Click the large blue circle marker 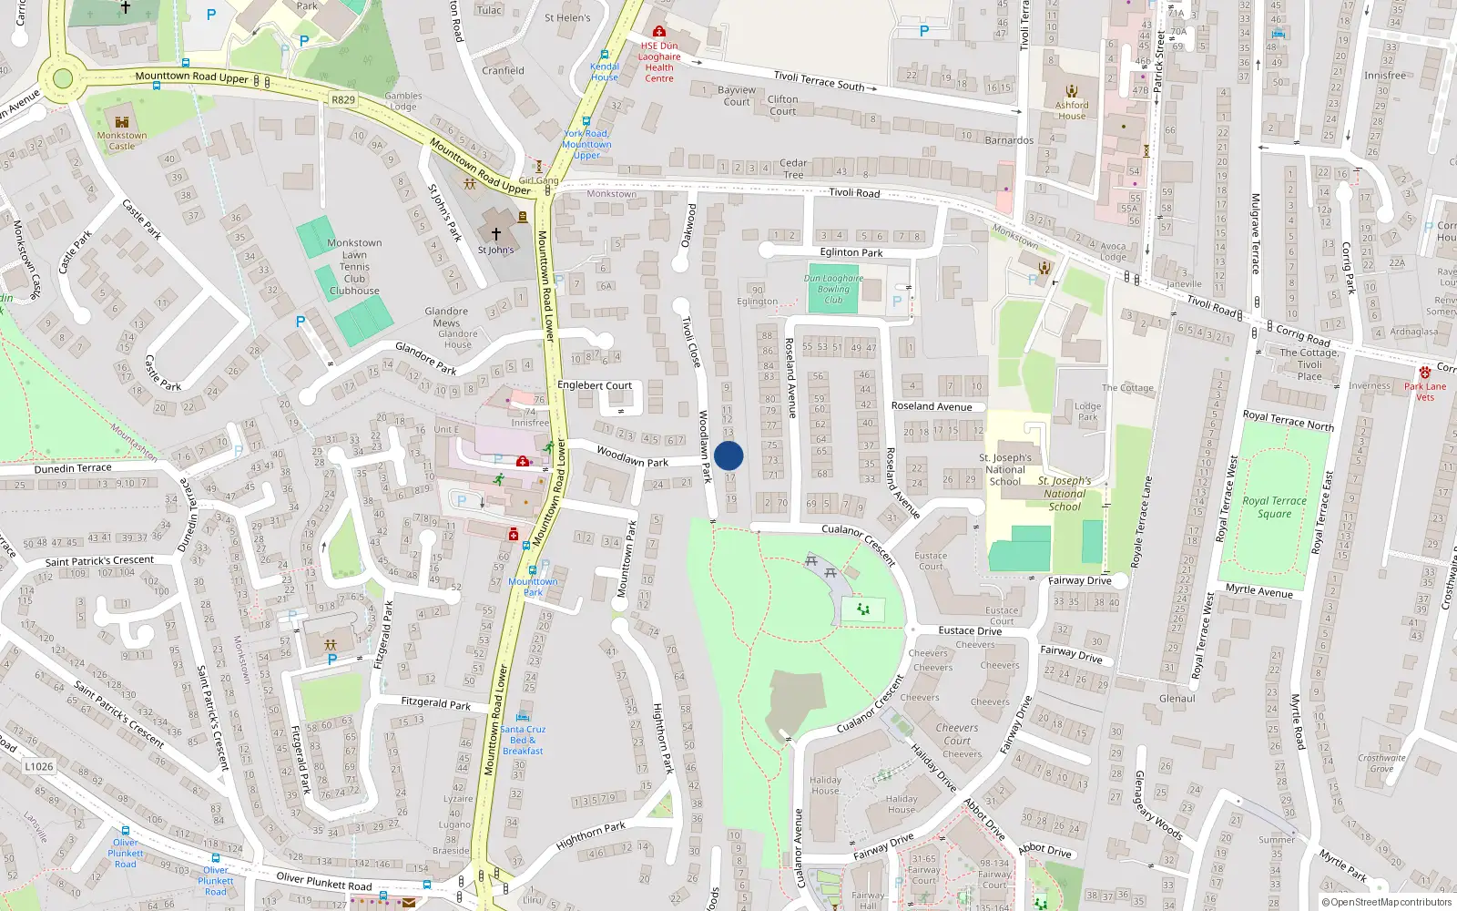(x=728, y=455)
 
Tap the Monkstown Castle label (x=122, y=140)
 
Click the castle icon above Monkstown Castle (x=122, y=122)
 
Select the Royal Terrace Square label (x=1274, y=507)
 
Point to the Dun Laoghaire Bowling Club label (x=833, y=289)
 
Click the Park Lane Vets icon (x=1424, y=373)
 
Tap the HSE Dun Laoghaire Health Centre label (x=659, y=62)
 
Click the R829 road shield (x=343, y=99)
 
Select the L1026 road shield (x=38, y=766)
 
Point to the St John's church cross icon (x=496, y=234)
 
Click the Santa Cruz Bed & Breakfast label (x=523, y=740)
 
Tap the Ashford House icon (x=1072, y=90)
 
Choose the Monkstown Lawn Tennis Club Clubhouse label (x=354, y=267)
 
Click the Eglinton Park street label (x=851, y=252)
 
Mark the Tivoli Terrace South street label (x=819, y=81)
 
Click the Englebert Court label (x=595, y=385)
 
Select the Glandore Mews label (x=446, y=317)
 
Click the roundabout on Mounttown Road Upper (x=62, y=77)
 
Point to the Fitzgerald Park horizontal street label (x=436, y=702)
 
